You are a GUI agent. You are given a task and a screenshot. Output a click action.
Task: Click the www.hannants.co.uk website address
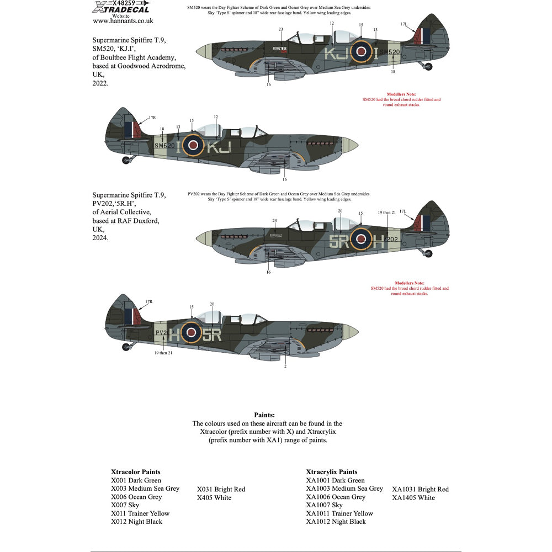(x=123, y=21)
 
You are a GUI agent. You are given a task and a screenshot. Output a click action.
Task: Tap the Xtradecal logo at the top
(x=123, y=7)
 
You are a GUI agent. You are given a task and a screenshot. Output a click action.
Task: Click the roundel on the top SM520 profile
(x=361, y=52)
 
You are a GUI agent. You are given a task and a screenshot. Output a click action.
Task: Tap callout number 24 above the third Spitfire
(x=274, y=221)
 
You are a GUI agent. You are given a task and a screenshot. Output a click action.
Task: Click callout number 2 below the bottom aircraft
(x=285, y=365)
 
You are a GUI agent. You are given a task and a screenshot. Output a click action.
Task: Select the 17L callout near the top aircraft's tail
(x=404, y=24)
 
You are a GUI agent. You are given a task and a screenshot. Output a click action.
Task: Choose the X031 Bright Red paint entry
(x=221, y=489)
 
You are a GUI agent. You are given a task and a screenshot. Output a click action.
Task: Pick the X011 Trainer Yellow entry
(x=140, y=513)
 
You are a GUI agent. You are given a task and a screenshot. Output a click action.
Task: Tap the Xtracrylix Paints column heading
(x=332, y=472)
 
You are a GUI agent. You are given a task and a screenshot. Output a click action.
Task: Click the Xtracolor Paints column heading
(x=136, y=472)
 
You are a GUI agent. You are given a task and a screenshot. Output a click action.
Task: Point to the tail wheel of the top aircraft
(x=428, y=67)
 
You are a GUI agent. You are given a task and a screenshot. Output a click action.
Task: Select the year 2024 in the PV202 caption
(x=100, y=238)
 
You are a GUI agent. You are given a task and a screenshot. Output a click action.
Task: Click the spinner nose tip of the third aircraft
(x=199, y=238)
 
